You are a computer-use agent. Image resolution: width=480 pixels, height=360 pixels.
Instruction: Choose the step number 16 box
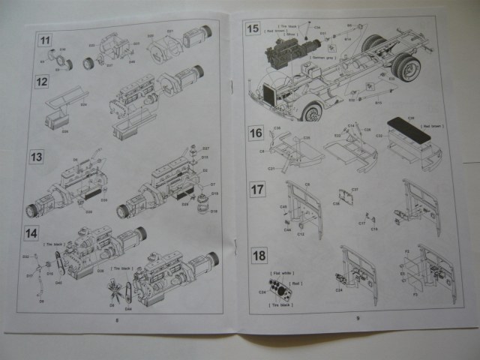[256, 133]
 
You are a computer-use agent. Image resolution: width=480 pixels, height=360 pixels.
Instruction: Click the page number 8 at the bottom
[118, 318]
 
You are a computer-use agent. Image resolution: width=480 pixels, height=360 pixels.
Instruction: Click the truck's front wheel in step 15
[311, 112]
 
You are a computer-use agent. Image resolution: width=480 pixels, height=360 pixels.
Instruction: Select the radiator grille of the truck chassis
[271, 97]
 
